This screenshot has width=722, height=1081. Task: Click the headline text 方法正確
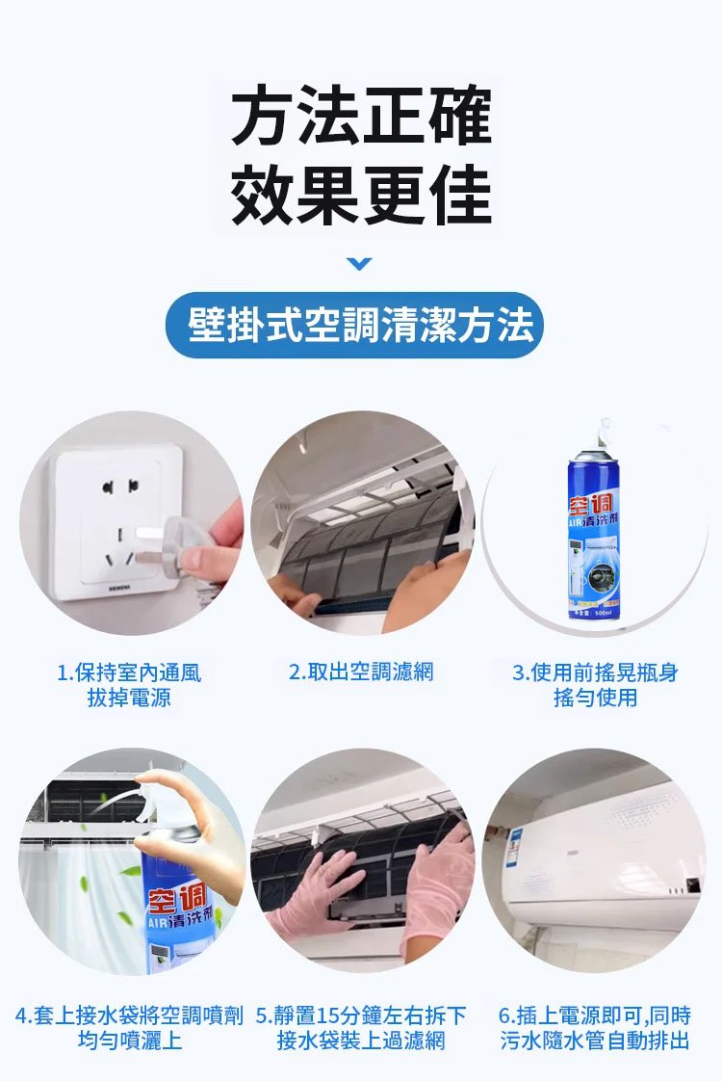pyautogui.click(x=361, y=116)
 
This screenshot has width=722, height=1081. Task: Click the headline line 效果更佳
pyautogui.click(x=361, y=194)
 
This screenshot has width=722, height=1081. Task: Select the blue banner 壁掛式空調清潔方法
pyautogui.click(x=361, y=326)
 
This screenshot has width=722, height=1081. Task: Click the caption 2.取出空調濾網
pyautogui.click(x=362, y=672)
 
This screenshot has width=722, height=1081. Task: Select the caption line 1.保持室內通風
pyautogui.click(x=130, y=672)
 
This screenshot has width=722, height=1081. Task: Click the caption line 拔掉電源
pyautogui.click(x=130, y=698)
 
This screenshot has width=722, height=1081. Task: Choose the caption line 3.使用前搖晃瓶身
pyautogui.click(x=595, y=672)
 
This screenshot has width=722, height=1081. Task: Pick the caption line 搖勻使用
pyautogui.click(x=595, y=698)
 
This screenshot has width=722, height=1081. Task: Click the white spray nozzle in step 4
pyautogui.click(x=159, y=792)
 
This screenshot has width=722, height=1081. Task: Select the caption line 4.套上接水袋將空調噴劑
pyautogui.click(x=130, y=1015)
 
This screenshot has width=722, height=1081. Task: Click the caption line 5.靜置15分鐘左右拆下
pyautogui.click(x=362, y=1015)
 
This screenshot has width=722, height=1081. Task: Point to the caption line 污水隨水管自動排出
pyautogui.click(x=595, y=1041)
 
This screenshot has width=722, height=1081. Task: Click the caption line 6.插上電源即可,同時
pyautogui.click(x=595, y=1015)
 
